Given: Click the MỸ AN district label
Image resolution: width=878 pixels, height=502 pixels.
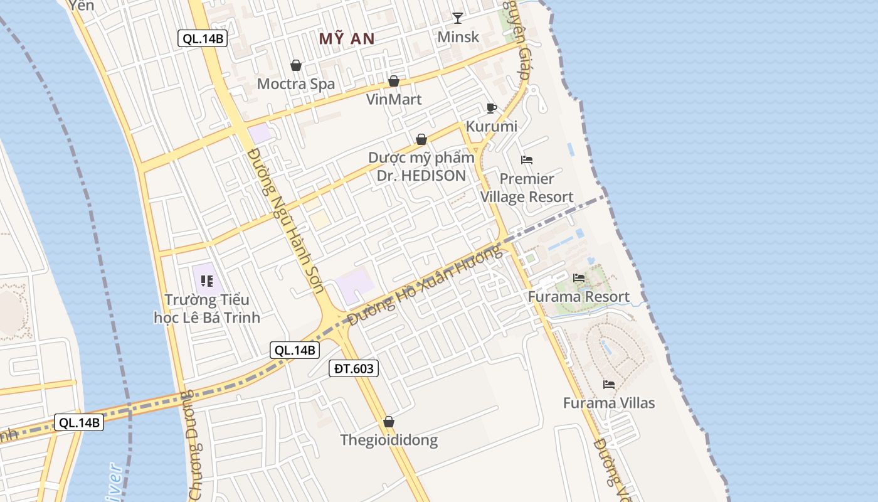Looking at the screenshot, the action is pos(347,39).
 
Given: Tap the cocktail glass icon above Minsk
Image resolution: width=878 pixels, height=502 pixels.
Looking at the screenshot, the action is pos(458,18).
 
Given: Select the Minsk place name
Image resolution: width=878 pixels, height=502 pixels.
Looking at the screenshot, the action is pos(458,36).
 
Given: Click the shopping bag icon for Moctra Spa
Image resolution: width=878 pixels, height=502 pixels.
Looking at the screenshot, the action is pos(296,65).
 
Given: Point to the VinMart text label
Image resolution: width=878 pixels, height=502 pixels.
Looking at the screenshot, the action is pos(394,99).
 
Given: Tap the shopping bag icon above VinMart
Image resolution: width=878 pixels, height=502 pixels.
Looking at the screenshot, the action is pos(394,81).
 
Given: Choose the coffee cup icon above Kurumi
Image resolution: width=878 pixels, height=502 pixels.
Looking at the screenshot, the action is pos(492,108).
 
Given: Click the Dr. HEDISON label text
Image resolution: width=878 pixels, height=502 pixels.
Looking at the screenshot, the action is pos(421,176).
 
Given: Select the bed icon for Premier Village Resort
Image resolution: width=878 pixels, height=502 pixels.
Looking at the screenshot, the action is pos(527,160).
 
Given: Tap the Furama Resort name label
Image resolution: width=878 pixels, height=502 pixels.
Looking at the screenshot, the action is pos(578,296).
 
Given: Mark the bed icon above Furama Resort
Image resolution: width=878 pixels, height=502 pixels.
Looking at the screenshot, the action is pos(579,277).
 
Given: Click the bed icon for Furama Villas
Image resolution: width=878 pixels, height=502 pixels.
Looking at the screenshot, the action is pos(608,384).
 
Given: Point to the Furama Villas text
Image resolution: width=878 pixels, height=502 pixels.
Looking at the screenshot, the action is pos(608,403).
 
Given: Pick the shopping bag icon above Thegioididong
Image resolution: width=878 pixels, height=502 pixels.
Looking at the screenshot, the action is pos(389,422).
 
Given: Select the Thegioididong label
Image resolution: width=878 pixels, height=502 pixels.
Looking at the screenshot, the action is pos(389,440).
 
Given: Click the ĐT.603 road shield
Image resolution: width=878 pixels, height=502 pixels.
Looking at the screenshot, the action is pos(354,368).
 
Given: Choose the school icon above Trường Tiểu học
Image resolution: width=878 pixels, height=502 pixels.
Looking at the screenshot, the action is pos(207,281).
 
